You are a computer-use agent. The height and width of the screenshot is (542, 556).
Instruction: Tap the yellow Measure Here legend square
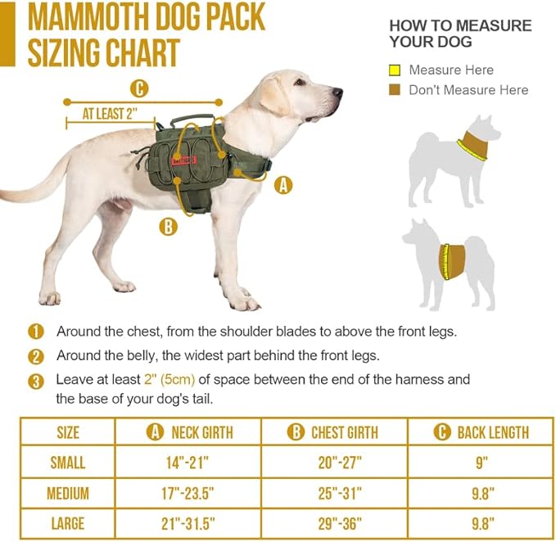[x=395, y=70]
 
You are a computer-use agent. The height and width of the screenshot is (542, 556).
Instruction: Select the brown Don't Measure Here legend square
[x=395, y=90]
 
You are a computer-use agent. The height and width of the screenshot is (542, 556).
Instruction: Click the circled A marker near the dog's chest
[x=283, y=185]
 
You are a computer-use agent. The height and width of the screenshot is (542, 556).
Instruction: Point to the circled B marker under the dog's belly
[x=168, y=227]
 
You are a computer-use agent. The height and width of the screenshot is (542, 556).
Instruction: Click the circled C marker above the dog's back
[x=140, y=88]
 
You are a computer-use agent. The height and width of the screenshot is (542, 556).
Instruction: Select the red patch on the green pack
[x=183, y=160]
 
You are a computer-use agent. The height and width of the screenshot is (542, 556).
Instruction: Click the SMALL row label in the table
[x=68, y=463]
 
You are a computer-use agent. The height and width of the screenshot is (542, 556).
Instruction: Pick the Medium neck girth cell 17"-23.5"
[x=188, y=494]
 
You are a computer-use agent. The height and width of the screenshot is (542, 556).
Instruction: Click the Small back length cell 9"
[x=481, y=463]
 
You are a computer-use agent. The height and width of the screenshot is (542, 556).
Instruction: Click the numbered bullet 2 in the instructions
[x=36, y=356]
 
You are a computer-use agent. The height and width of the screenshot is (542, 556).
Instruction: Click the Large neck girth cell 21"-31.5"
[x=188, y=524]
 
